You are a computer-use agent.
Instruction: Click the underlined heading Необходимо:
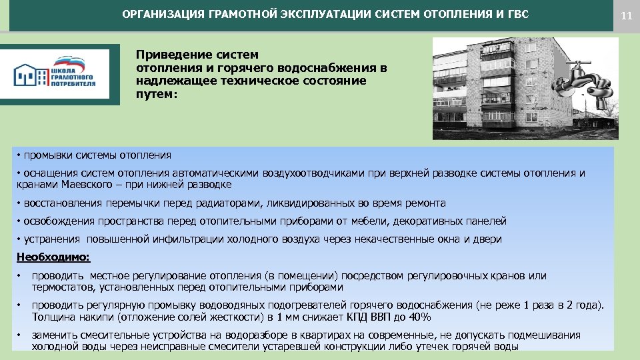tap(52, 257)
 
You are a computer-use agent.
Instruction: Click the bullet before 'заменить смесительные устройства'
tap(19, 335)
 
